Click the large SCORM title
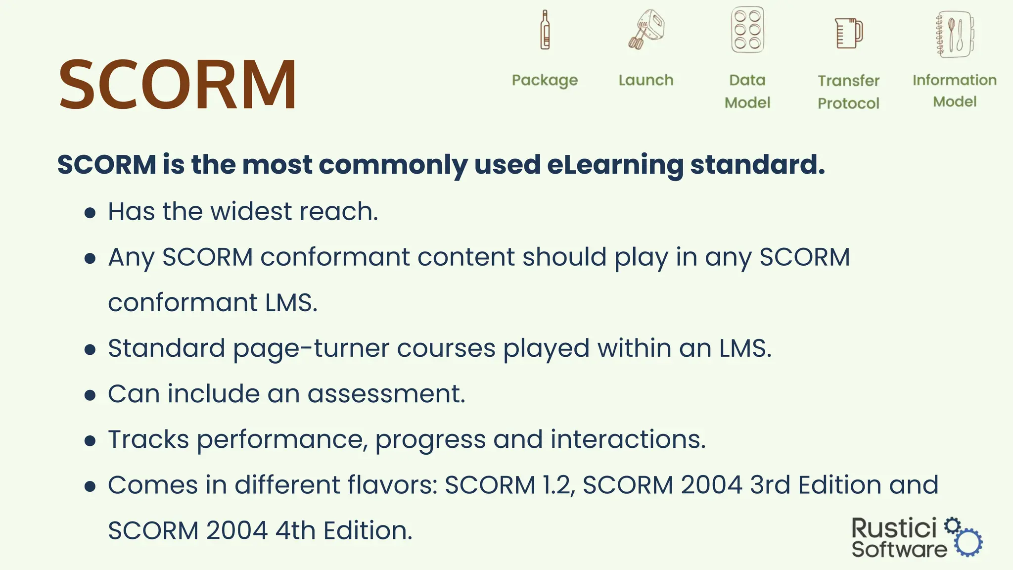[x=178, y=85]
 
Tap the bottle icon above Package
[x=545, y=30]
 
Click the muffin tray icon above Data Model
[x=747, y=30]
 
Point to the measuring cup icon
[x=849, y=33]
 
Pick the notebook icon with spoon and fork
[x=955, y=34]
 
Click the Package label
[x=545, y=80]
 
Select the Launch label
[x=646, y=80]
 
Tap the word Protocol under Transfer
[x=848, y=103]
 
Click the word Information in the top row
[x=955, y=80]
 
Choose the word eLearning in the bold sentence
[x=615, y=165]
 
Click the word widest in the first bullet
[x=251, y=211]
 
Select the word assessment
[x=386, y=394]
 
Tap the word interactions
[x=628, y=439]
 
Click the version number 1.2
[x=558, y=485]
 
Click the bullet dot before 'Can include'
[x=90, y=395]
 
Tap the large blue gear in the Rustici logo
[x=968, y=542]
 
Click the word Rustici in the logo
[x=894, y=528]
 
